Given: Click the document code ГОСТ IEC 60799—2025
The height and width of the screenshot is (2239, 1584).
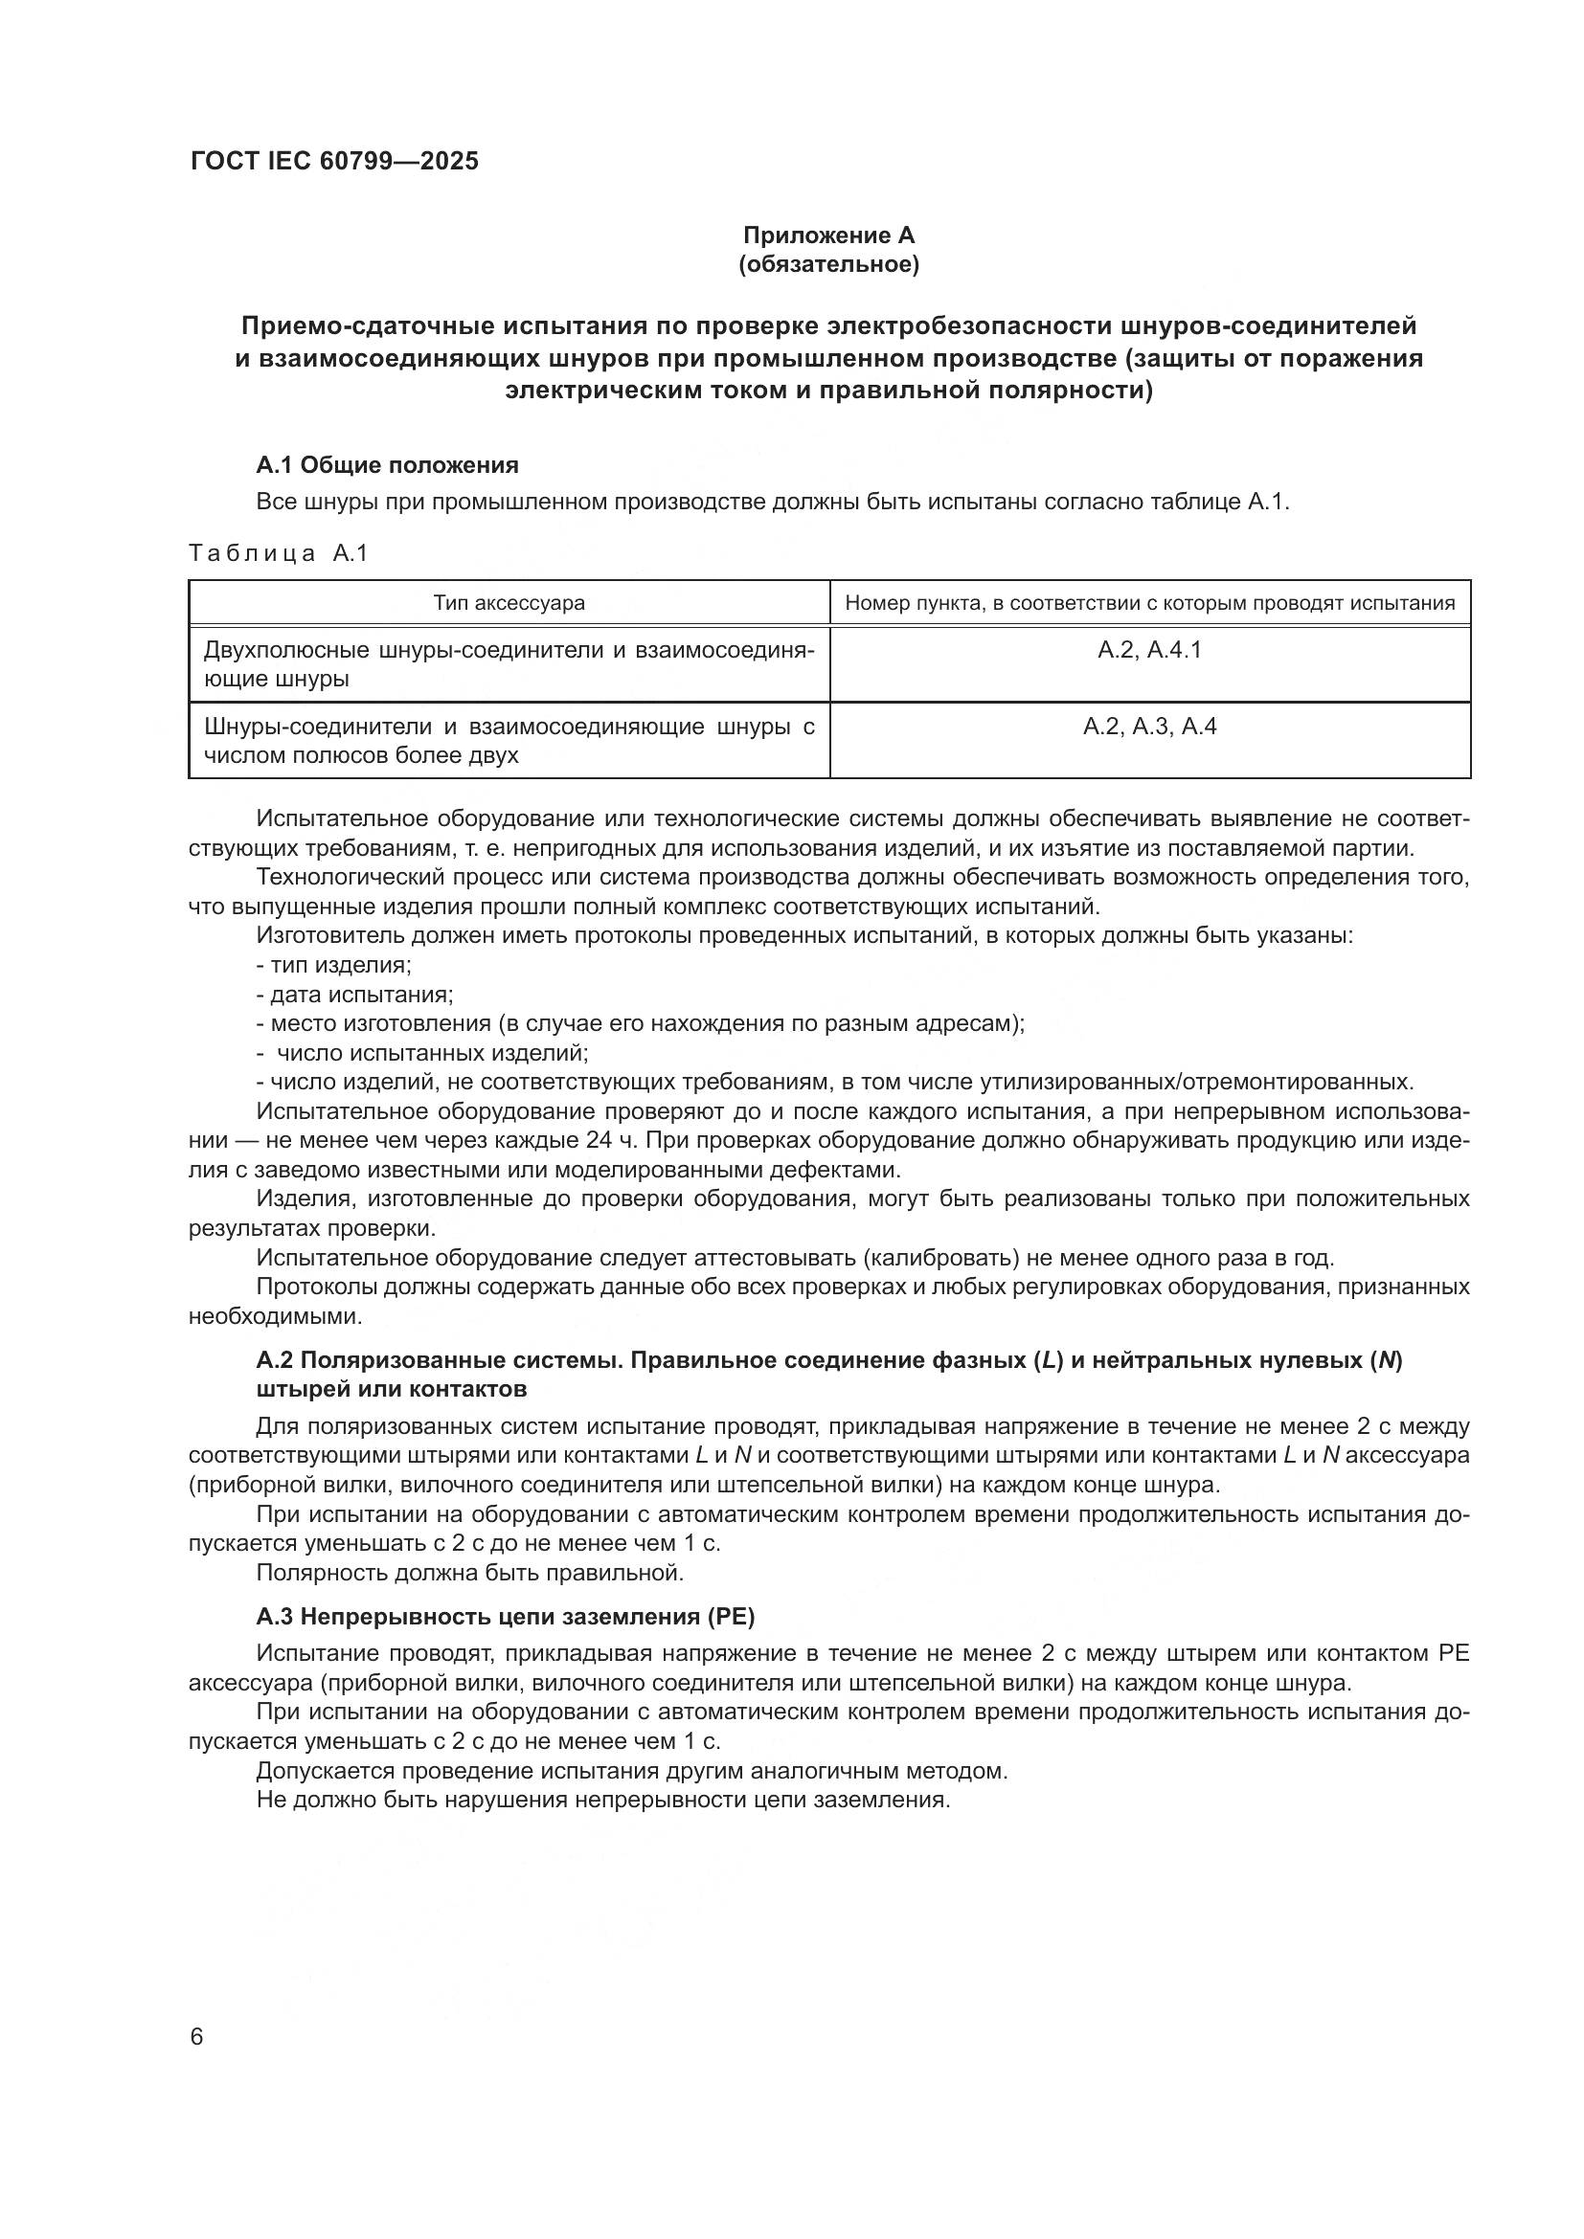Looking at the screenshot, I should click(x=334, y=162).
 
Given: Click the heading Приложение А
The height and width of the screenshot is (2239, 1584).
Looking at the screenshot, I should click(x=828, y=235).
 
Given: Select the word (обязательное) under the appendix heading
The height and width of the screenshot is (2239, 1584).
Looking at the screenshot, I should click(x=828, y=264).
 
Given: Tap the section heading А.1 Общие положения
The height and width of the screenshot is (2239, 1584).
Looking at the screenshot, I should click(x=387, y=465).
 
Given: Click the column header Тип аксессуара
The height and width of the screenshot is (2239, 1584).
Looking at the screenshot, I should click(x=509, y=603).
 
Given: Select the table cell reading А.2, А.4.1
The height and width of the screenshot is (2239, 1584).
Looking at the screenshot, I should click(x=1149, y=650).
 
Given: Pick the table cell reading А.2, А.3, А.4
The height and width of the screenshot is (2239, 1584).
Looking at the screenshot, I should click(x=1149, y=727).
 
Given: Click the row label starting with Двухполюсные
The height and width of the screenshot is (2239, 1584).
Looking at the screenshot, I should click(x=509, y=664).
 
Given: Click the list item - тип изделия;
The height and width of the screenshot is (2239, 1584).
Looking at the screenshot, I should click(x=333, y=966).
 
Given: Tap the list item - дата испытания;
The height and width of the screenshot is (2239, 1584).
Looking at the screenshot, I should click(x=355, y=995).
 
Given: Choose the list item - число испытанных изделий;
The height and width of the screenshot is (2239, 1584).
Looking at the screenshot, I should click(x=423, y=1053).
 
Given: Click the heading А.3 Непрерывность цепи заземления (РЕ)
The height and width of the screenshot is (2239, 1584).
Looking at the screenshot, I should click(x=506, y=1617).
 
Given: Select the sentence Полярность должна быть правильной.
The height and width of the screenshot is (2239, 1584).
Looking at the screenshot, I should click(x=470, y=1572).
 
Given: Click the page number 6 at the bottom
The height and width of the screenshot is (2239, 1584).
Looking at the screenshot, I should click(x=197, y=2037).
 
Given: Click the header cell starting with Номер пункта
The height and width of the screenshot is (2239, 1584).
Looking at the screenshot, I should click(x=1149, y=603).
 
